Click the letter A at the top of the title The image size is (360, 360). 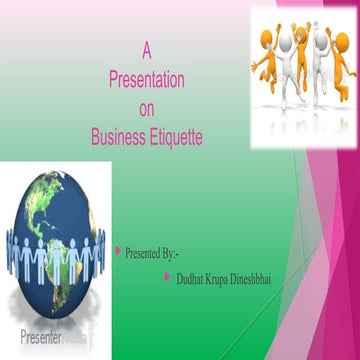pos(146,47)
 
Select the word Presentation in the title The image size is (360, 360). pos(146,77)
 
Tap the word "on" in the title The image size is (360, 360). pos(146,107)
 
